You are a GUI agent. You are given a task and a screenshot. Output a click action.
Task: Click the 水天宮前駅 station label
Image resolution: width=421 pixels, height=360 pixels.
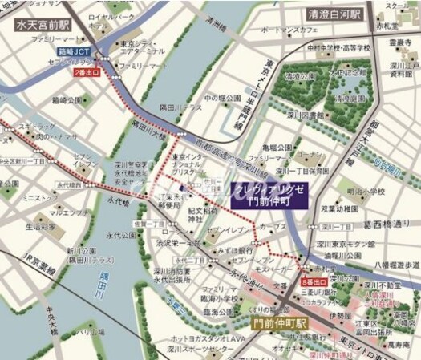point(43,25)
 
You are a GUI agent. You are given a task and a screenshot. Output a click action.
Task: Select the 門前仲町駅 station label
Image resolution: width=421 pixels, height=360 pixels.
point(278,325)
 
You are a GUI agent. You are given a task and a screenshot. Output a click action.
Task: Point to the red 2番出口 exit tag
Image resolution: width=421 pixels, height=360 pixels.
point(89,73)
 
